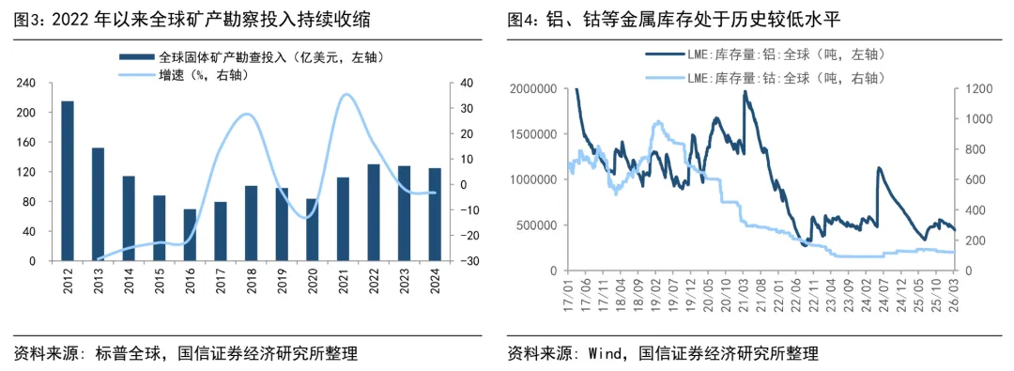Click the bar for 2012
tap(68, 180)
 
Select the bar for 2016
tap(190, 235)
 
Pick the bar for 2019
tap(282, 224)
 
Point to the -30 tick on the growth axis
tap(461, 260)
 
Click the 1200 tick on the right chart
tap(978, 88)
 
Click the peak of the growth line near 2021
tap(346, 94)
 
